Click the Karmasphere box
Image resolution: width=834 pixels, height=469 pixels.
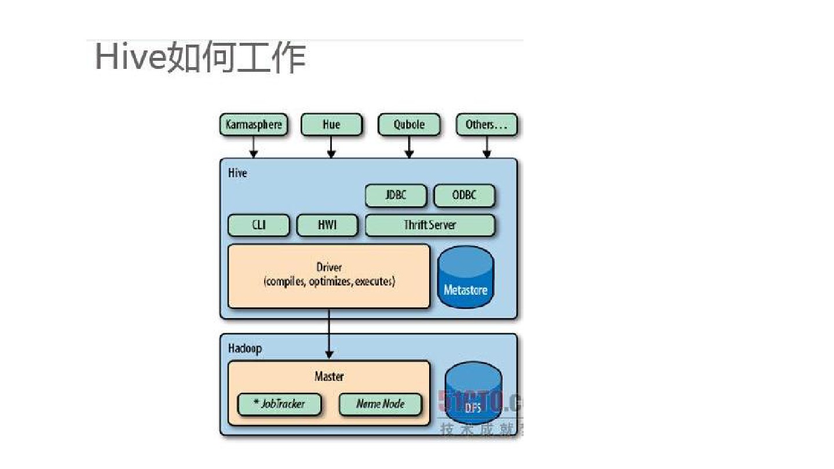click(x=254, y=124)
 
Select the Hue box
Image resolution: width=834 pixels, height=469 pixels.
click(x=331, y=124)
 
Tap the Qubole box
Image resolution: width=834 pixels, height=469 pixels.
click(x=409, y=124)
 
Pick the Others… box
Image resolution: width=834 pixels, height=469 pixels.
click(x=487, y=124)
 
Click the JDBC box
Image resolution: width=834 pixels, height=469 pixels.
click(x=396, y=196)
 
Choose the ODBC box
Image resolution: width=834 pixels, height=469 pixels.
click(x=464, y=196)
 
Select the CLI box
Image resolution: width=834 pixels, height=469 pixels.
click(x=258, y=225)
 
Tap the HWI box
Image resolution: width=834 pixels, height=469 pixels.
click(x=327, y=225)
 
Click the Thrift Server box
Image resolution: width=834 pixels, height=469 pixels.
click(x=430, y=225)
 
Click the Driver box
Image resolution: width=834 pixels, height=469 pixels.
click(x=329, y=276)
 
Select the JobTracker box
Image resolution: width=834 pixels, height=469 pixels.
click(x=279, y=404)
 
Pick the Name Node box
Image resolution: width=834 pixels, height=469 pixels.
click(x=381, y=404)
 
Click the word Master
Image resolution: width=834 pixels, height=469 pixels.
click(x=329, y=376)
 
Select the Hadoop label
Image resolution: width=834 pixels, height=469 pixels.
click(x=244, y=349)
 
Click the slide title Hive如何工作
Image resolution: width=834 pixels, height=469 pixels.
click(x=200, y=58)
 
